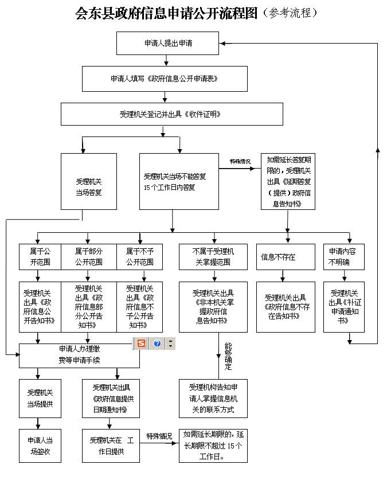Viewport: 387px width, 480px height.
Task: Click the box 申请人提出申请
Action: coord(167,43)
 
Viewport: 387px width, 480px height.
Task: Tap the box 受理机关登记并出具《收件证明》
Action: coord(171,114)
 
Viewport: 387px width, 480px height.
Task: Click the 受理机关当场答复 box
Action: coord(89,181)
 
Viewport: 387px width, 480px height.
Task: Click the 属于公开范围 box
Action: coord(39,256)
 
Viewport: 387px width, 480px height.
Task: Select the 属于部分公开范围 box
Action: coord(88,256)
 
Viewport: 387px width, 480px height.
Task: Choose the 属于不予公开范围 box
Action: coord(139,256)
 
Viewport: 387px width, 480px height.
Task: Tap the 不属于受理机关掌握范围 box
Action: coord(213,256)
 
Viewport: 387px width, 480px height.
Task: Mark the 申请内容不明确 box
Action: coord(343,256)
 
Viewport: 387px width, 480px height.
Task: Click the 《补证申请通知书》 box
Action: coord(343,307)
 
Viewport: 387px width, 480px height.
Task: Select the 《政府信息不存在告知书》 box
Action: coord(285,307)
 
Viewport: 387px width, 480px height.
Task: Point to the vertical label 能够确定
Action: coord(228,356)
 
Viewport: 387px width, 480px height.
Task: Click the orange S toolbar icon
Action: coord(141,344)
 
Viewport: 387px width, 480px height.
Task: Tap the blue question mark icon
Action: coord(157,344)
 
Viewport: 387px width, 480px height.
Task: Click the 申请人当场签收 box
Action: coord(40,446)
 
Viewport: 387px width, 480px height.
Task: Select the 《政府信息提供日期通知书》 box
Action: coord(111,399)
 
